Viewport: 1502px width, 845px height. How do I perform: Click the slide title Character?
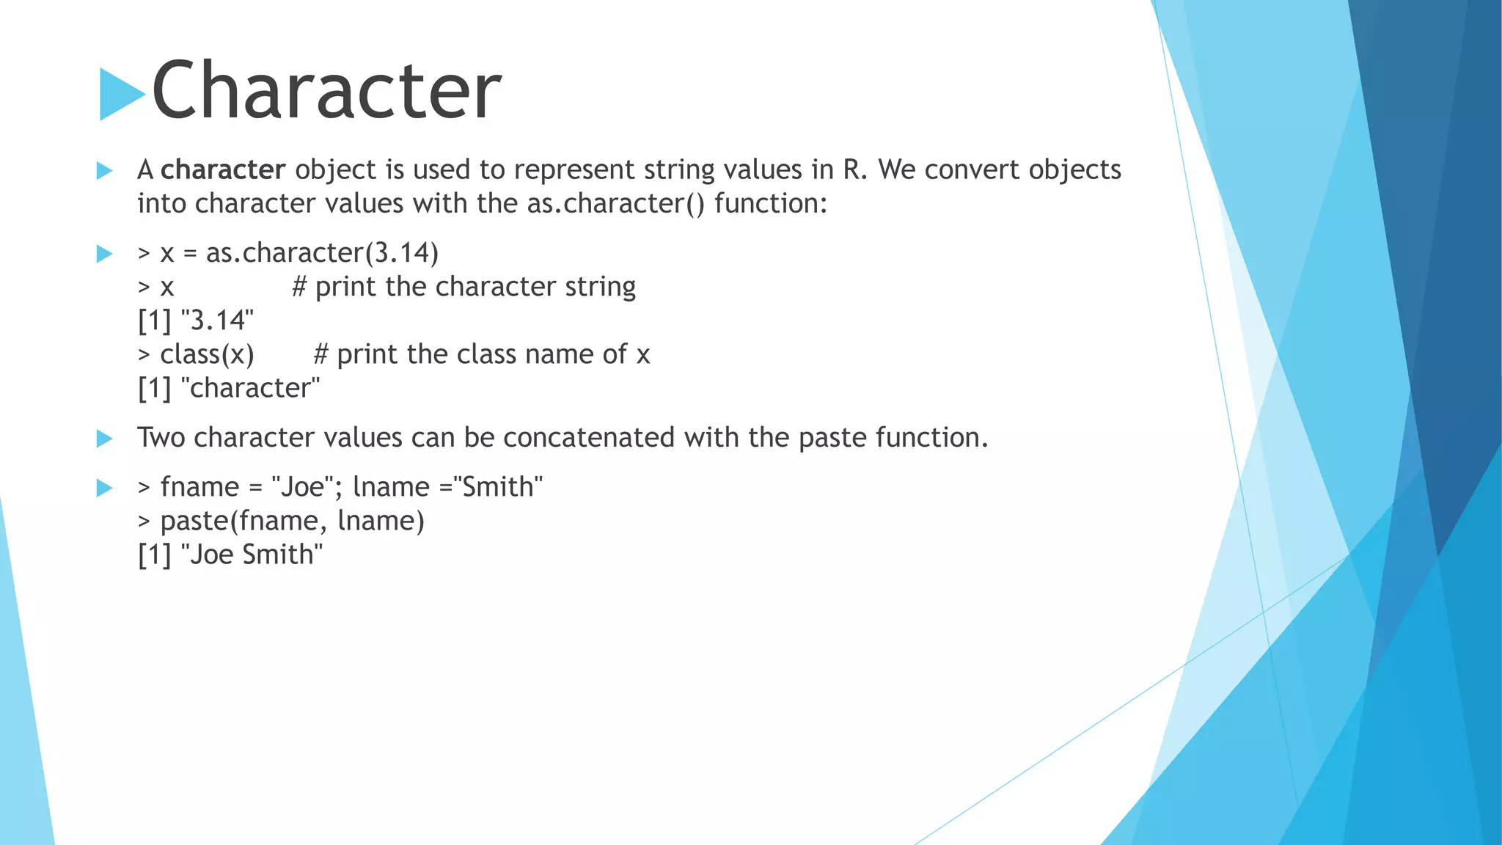tap(326, 90)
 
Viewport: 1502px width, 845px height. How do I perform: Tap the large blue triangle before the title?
tap(120, 94)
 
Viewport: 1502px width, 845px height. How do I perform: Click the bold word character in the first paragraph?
tap(223, 169)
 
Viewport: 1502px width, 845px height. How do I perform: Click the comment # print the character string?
tap(464, 287)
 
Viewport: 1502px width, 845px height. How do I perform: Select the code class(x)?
tap(207, 354)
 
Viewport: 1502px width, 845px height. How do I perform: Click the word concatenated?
tap(588, 438)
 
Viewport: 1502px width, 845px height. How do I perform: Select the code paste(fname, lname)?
tap(292, 521)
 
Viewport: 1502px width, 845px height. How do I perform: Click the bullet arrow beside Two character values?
tap(104, 439)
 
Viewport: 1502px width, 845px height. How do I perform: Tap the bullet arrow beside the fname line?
tap(104, 488)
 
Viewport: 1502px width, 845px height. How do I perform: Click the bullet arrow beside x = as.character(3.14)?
tap(104, 254)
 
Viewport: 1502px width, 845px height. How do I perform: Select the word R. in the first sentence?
tap(854, 169)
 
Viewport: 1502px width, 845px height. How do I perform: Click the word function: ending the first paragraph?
tap(771, 203)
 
